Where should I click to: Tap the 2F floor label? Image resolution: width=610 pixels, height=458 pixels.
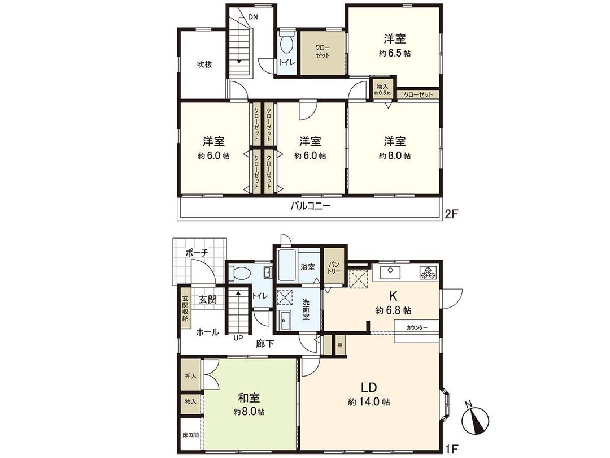tap(452, 213)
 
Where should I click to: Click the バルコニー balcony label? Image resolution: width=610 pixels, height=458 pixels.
tap(311, 206)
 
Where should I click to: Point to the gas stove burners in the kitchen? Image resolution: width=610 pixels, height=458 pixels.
tap(429, 272)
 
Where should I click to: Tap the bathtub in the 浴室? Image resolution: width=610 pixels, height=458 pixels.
tap(287, 267)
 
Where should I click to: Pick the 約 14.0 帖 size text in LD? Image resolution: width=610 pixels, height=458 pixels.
tap(369, 402)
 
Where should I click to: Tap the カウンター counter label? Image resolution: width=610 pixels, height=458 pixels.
tap(417, 327)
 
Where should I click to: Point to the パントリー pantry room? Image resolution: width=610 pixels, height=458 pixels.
tap(334, 267)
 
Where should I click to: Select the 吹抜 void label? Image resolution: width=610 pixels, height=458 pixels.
tap(204, 64)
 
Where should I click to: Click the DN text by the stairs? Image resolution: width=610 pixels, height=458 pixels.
tap(253, 17)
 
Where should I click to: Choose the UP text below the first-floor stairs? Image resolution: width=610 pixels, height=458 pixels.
tap(238, 338)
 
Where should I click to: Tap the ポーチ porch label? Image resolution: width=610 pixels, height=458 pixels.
tap(197, 252)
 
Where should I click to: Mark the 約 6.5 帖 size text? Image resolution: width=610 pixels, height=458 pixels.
tap(395, 53)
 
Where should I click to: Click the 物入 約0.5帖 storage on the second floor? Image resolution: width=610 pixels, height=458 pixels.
tap(382, 89)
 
